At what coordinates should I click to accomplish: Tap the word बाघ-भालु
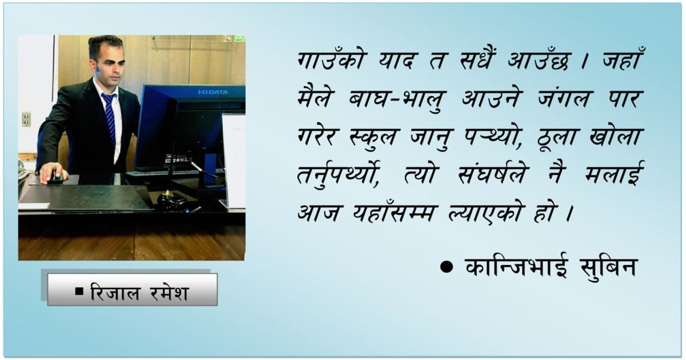click(x=397, y=99)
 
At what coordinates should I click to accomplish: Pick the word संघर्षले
click(x=492, y=174)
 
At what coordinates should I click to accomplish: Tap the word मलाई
click(x=615, y=173)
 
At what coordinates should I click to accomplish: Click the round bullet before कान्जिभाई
click(x=446, y=267)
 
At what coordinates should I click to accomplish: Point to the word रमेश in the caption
click(x=169, y=293)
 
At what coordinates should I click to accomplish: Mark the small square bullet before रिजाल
click(x=79, y=291)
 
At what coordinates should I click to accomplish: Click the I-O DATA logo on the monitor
click(x=213, y=92)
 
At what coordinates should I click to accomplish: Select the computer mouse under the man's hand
click(x=56, y=178)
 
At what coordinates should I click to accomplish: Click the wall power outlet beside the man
click(x=26, y=119)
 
